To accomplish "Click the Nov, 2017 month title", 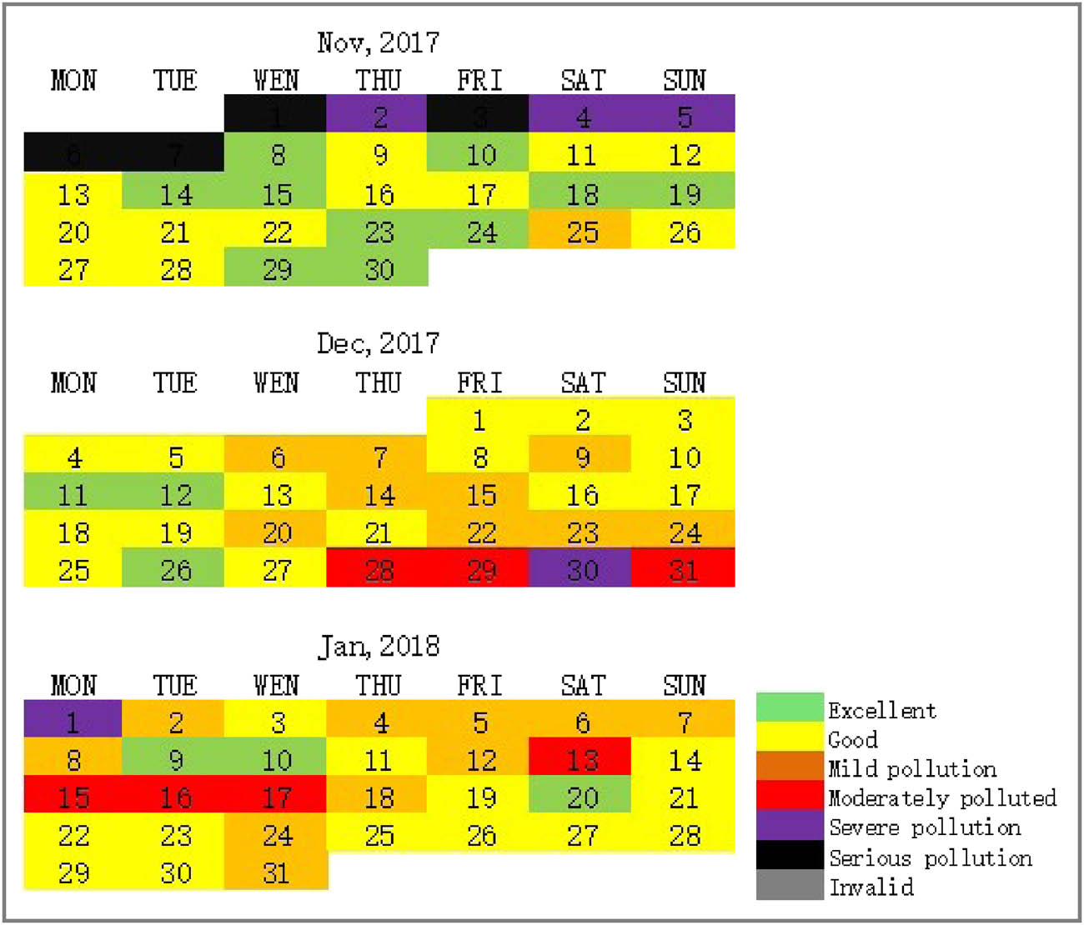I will pyautogui.click(x=378, y=42).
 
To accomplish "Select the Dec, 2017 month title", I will pyautogui.click(x=378, y=343).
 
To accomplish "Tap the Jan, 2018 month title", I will pyautogui.click(x=378, y=646).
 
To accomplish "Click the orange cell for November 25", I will pyautogui.click(x=581, y=232).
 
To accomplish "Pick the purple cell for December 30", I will pyautogui.click(x=581, y=570).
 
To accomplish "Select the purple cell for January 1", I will pyautogui.click(x=73, y=721).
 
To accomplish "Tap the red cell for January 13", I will pyautogui.click(x=581, y=759).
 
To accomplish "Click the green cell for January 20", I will pyautogui.click(x=581, y=797).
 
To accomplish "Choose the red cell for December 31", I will pyautogui.click(x=684, y=570).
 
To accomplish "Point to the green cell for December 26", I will pyautogui.click(x=174, y=570).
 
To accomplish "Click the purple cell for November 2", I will pyautogui.click(x=378, y=115).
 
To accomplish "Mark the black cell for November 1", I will pyautogui.click(x=276, y=115).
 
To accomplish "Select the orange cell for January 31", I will pyautogui.click(x=276, y=872).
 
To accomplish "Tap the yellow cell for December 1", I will pyautogui.click(x=479, y=419).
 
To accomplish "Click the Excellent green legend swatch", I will pyautogui.click(x=789, y=708).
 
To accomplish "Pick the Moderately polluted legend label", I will pyautogui.click(x=942, y=798).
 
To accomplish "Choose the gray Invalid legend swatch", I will pyautogui.click(x=789, y=885).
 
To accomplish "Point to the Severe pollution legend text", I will pyautogui.click(x=925, y=827).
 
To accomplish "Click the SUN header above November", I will pyautogui.click(x=684, y=81).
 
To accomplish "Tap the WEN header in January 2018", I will pyautogui.click(x=276, y=685).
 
